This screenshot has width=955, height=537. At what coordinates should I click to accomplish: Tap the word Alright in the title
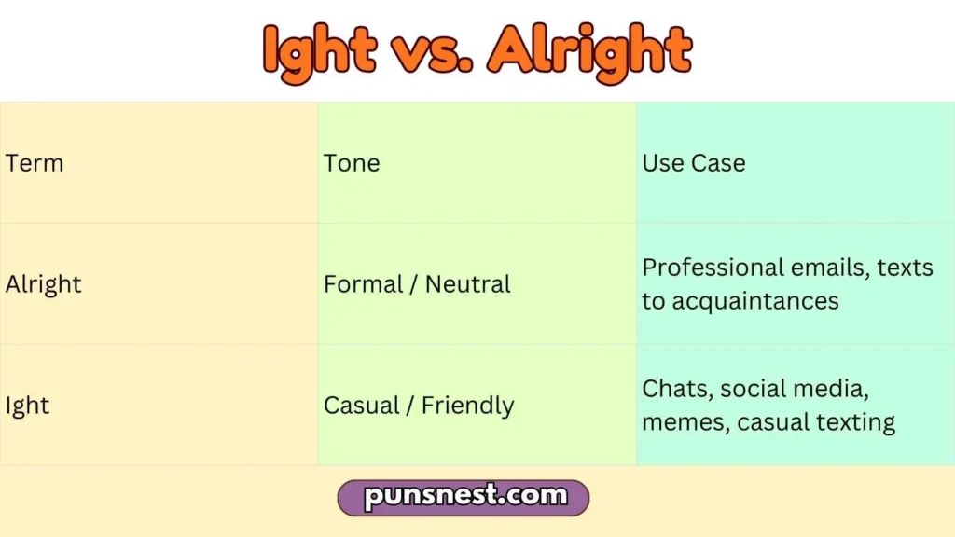[590, 50]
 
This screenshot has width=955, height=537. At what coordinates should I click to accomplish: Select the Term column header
[35, 163]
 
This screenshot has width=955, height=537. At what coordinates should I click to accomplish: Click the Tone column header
[352, 163]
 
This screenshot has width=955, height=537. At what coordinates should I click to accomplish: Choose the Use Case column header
[694, 163]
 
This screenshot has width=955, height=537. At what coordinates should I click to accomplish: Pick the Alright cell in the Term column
[44, 284]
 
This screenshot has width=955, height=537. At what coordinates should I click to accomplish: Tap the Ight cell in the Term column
[27, 406]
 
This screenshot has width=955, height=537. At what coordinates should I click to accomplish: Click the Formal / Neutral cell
[417, 284]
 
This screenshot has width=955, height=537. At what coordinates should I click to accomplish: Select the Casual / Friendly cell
[419, 406]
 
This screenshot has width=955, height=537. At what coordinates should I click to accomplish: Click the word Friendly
[467, 406]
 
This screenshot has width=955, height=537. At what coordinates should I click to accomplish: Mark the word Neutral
[467, 284]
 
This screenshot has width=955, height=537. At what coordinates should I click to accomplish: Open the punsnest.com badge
[464, 497]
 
